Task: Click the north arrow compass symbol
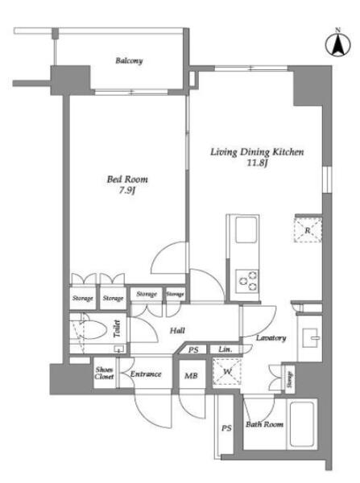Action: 338,44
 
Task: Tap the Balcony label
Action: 129,60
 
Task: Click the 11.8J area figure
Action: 256,163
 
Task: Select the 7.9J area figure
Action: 127,191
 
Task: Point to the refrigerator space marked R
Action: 308,229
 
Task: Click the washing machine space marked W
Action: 227,371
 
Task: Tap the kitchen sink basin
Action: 246,230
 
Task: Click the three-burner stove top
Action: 247,281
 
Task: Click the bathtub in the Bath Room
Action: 302,424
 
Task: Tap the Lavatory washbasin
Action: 310,338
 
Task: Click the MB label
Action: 191,375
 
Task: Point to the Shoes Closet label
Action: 104,373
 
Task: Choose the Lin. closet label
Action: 225,349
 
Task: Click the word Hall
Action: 177,331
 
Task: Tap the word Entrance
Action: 146,374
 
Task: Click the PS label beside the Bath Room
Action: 226,428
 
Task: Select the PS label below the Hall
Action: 193,350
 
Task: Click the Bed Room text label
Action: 127,179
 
